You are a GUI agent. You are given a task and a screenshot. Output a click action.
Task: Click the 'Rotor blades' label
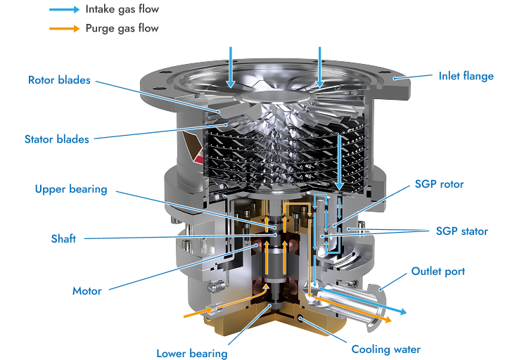click(x=59, y=80)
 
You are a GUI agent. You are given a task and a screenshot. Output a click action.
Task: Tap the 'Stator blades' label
click(x=57, y=139)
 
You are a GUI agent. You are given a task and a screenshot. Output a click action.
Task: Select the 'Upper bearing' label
click(x=71, y=189)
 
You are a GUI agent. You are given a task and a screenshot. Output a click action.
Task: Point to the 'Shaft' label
click(x=63, y=238)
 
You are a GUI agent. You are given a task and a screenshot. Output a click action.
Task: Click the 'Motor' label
click(x=87, y=291)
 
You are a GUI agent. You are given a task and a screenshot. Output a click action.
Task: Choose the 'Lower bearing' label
click(x=192, y=353)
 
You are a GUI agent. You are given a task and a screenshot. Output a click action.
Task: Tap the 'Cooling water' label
click(x=386, y=349)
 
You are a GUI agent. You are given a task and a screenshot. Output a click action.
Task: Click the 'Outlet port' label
click(x=438, y=271)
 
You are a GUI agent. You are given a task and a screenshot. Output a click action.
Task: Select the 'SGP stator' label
click(x=462, y=231)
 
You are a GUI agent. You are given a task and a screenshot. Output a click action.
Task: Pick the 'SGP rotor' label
click(x=439, y=184)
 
